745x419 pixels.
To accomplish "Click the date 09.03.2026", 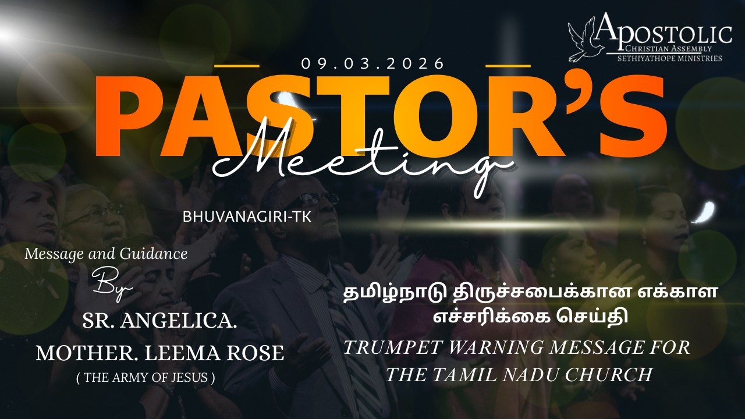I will pyautogui.click(x=373, y=63).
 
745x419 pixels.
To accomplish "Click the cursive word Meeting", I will pyautogui.click(x=361, y=157).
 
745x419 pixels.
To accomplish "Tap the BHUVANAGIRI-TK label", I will pyautogui.click(x=247, y=216).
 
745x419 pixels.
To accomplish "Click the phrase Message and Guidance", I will pyautogui.click(x=106, y=254).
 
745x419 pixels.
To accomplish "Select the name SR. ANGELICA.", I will pyautogui.click(x=159, y=321).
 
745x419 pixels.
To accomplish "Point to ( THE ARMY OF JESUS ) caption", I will pyautogui.click(x=146, y=378).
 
